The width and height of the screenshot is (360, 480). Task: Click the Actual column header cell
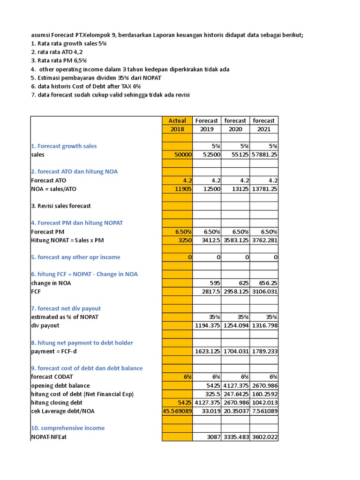[177, 120]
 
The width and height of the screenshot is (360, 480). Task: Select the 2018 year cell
[177, 129]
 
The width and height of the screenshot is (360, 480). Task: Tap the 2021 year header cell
[264, 129]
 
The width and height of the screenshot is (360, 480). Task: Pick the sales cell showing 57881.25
[264, 154]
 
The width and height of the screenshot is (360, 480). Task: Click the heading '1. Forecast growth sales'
[64, 146]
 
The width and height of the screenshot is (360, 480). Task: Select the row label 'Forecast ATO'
[48, 180]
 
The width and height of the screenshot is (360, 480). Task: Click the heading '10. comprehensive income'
[67, 428]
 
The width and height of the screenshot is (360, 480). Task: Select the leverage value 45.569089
[177, 411]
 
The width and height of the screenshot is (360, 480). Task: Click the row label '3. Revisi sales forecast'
[61, 206]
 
